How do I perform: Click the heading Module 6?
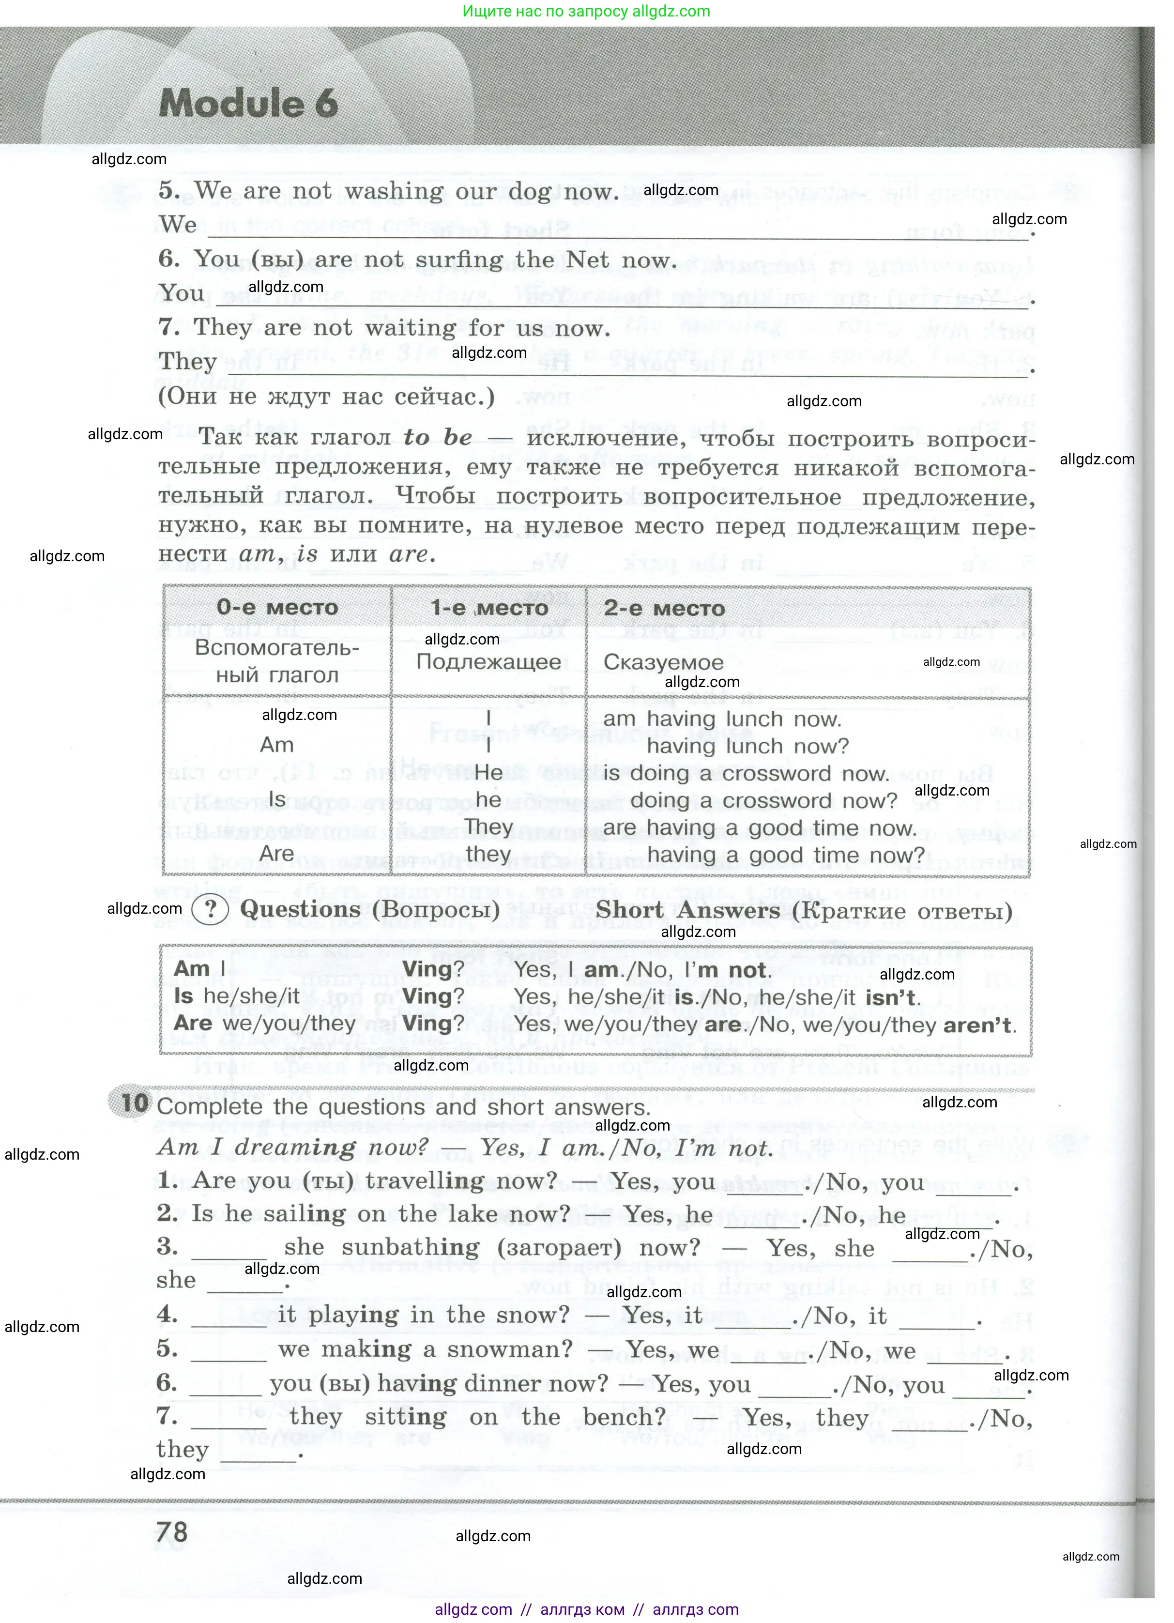[248, 103]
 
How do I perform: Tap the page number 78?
[172, 1533]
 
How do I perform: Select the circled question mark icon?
[210, 909]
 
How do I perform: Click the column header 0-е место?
[277, 608]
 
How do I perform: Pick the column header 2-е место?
[664, 608]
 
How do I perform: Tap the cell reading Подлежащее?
[488, 661]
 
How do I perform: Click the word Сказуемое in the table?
[663, 662]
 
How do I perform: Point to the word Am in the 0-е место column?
[277, 745]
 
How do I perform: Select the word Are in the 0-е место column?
[277, 854]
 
